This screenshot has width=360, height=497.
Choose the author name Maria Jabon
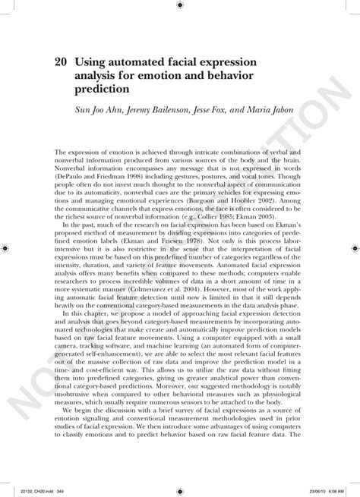tap(285, 110)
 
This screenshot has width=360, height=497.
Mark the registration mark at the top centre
tap(179, 6)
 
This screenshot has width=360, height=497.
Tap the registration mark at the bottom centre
tap(179, 490)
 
